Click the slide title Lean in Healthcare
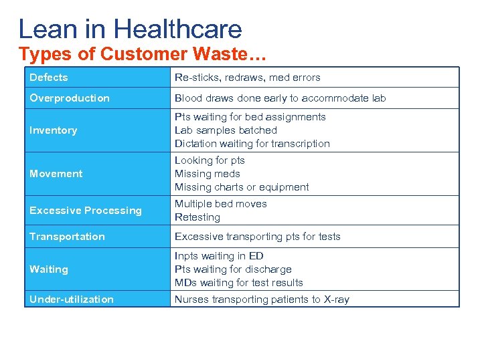(x=130, y=29)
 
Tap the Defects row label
(x=49, y=78)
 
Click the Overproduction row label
(x=70, y=98)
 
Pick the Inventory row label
(x=53, y=130)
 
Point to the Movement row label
(x=56, y=174)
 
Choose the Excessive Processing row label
(x=86, y=211)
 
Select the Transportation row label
(x=67, y=237)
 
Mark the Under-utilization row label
(x=72, y=299)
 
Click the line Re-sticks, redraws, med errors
(x=248, y=78)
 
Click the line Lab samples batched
(x=226, y=130)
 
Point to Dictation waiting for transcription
(x=252, y=144)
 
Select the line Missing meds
(x=208, y=174)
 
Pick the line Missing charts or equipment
(x=242, y=187)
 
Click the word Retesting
(x=197, y=217)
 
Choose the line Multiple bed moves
(x=221, y=204)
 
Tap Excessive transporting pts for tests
(x=258, y=237)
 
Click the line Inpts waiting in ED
(x=219, y=256)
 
